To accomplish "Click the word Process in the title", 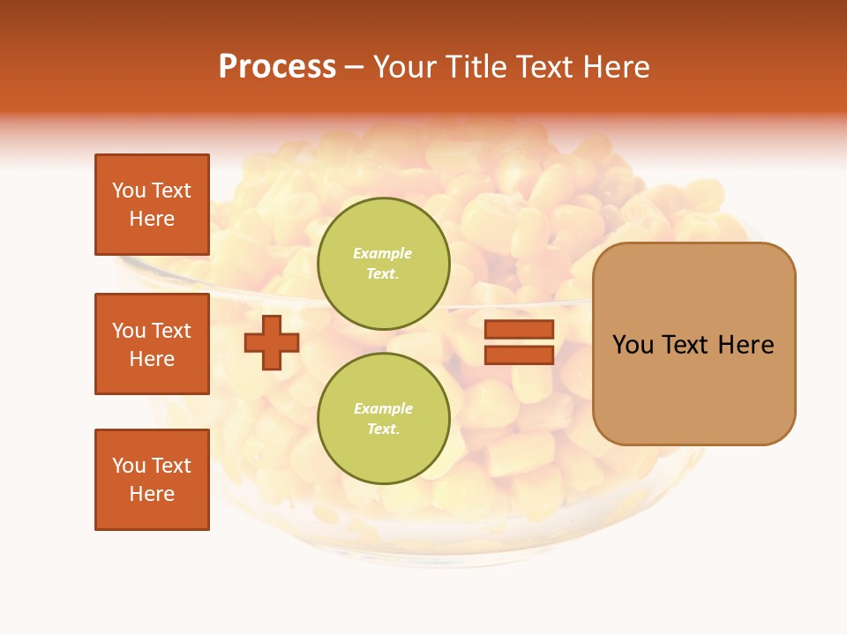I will [277, 67].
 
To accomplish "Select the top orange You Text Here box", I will [152, 205].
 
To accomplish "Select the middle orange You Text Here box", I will [152, 344].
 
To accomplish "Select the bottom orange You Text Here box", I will [152, 480].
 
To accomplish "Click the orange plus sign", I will [272, 342].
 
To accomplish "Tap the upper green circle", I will [383, 263].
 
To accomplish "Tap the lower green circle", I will [383, 418].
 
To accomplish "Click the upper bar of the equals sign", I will [519, 330].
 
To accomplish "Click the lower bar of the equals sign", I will [519, 355].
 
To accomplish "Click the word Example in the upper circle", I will [383, 253].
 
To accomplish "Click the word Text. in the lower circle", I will [383, 429].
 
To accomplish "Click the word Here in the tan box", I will [746, 345].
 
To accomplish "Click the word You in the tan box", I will [634, 345].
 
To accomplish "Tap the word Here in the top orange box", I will [152, 219].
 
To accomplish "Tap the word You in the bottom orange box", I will [129, 466].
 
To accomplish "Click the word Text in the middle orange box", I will [171, 331].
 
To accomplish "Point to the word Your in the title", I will [404, 67].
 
